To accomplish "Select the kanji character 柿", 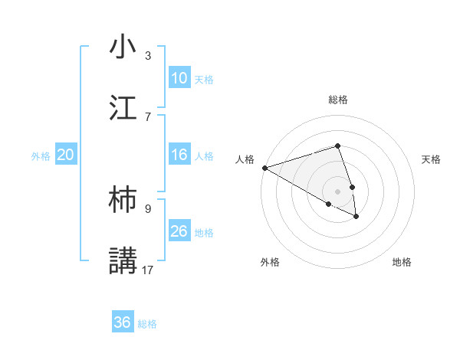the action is coord(123,199).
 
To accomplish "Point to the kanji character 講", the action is coord(123,260).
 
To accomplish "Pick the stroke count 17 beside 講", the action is coord(149,270).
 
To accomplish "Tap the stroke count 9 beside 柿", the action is coord(148,208).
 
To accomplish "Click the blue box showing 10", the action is coord(179,78).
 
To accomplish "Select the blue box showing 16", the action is coord(179,155).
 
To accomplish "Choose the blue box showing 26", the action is coord(179,231).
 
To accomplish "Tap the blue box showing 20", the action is coord(66,155).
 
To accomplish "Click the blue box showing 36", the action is coord(123,322).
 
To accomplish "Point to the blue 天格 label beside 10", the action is coord(204,79).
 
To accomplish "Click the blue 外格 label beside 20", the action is coord(41,155).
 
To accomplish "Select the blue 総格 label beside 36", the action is coord(147,323).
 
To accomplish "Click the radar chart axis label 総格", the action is coord(338,100).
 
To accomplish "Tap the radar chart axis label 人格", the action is coord(245,159).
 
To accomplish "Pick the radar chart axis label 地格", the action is coord(402,262).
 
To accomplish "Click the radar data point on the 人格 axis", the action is coord(264,168).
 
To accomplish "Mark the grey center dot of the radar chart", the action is coord(337,191).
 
